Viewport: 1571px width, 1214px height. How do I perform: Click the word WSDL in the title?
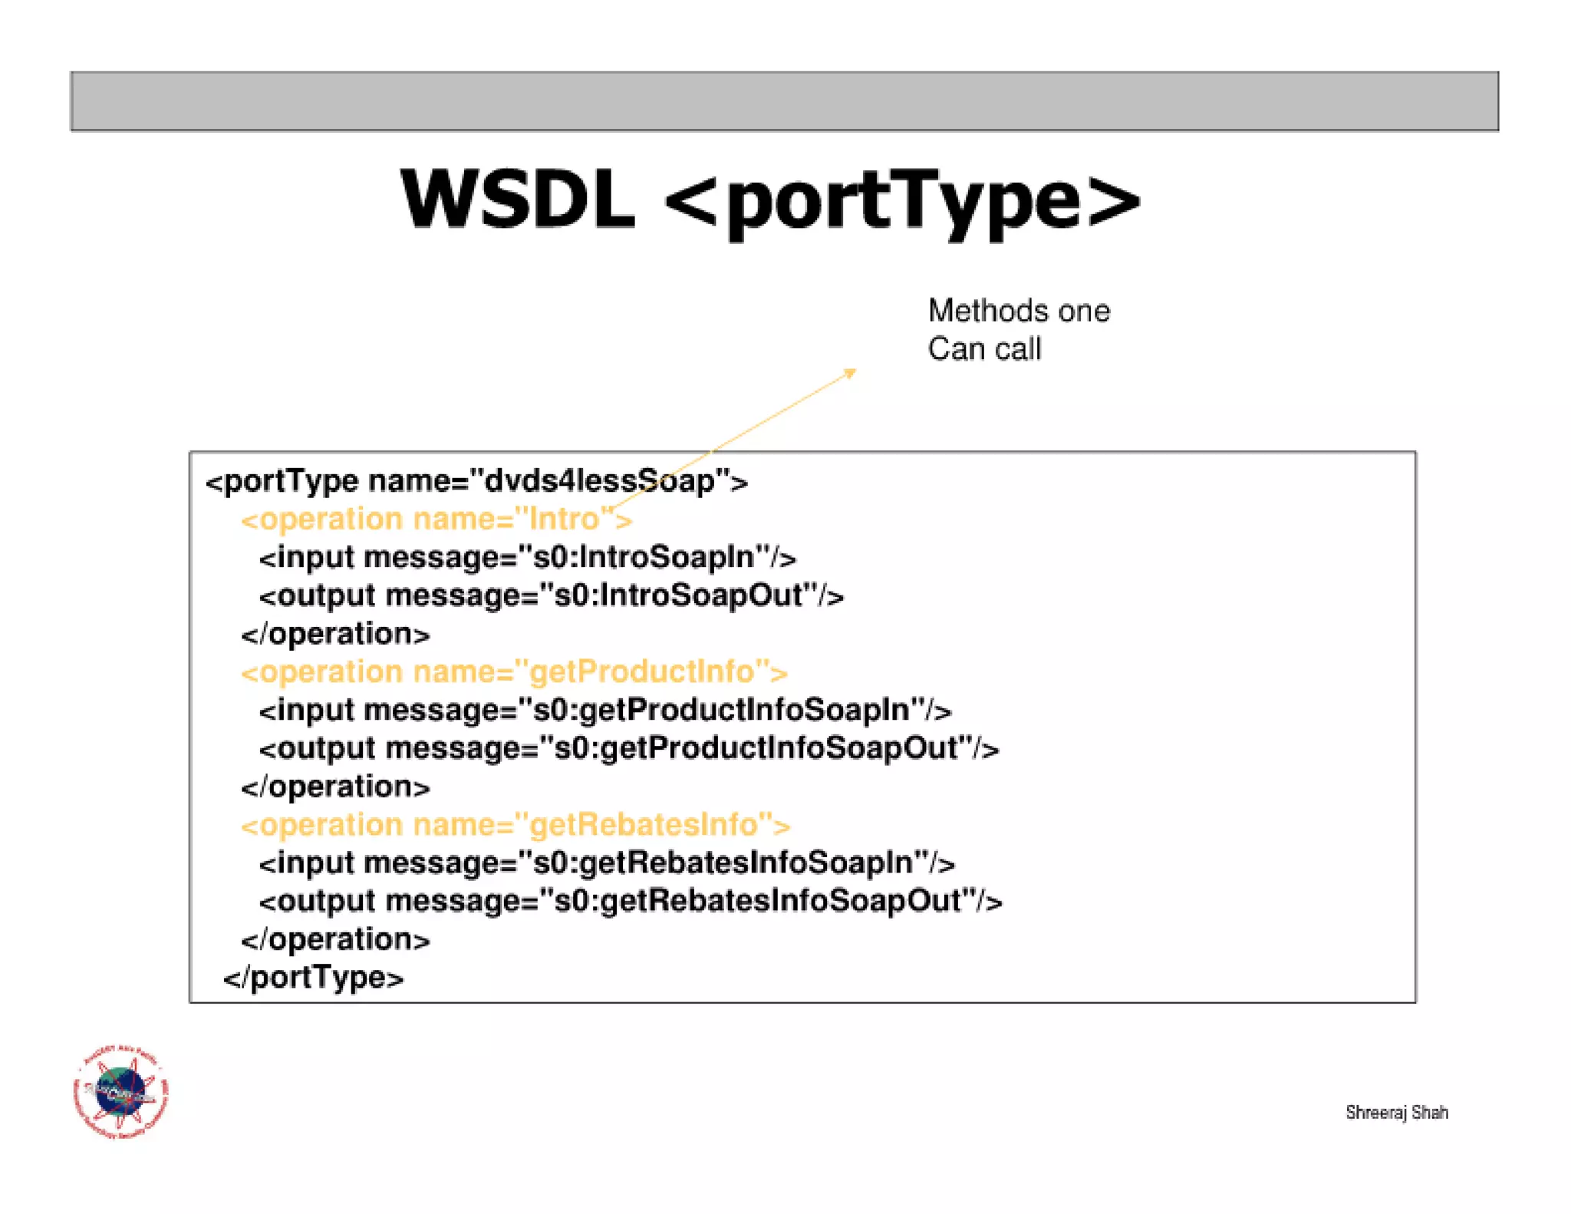pos(518,199)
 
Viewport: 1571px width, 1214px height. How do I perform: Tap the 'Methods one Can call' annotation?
pos(1017,330)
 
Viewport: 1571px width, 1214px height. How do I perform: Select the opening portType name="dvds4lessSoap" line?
pos(476,481)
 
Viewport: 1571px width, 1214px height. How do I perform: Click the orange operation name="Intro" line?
pos(436,520)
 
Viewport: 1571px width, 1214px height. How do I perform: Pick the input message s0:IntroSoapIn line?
pos(527,558)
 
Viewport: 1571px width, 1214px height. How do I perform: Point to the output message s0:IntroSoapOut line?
pos(551,596)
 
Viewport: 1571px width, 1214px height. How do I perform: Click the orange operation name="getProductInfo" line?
pos(514,672)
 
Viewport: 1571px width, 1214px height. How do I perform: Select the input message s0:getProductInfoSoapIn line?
pos(604,711)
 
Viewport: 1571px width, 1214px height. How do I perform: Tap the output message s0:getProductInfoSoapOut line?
pos(628,749)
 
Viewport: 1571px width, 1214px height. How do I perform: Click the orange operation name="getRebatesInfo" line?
pos(515,825)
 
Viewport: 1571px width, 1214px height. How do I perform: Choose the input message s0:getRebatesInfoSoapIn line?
pos(606,863)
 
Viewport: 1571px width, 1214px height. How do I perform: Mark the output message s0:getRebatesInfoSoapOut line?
pos(630,901)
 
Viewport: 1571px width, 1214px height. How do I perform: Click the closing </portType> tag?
pos(313,978)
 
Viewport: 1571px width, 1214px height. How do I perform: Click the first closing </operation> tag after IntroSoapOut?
pos(335,635)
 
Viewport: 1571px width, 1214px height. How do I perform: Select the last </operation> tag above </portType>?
pos(335,940)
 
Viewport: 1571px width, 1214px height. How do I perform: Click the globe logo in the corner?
pos(120,1091)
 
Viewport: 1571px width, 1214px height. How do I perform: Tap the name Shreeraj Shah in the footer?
pos(1396,1112)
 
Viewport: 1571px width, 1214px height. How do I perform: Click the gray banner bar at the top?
pos(784,101)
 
